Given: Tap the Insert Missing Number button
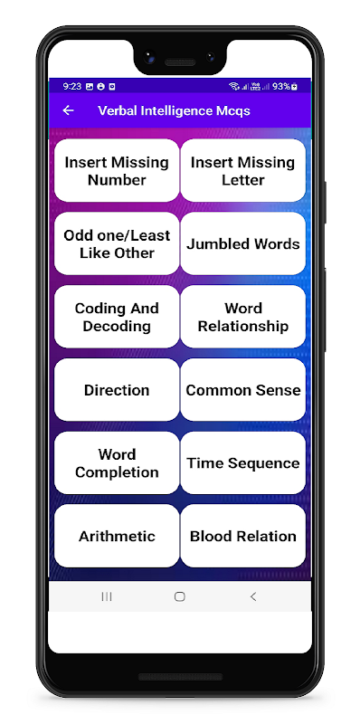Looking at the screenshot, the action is coord(117,170).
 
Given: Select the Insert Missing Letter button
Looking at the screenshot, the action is coord(242,170).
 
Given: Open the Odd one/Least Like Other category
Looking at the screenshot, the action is coord(117,243).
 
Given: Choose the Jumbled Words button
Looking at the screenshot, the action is coord(242,243).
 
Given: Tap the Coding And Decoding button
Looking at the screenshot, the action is coord(117,317).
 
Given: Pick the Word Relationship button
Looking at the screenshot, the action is coord(242,317).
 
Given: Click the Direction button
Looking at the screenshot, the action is coord(117,390).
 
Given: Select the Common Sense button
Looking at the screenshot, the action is coord(242,390).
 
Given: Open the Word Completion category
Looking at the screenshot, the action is coord(117,463).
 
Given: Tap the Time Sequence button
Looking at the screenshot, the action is coord(242,463).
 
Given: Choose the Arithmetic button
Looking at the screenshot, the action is coord(117,536).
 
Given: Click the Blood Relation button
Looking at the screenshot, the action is coord(242,536).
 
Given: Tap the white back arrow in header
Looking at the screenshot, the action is coord(69,110).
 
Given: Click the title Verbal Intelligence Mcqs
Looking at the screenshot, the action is coord(174,110).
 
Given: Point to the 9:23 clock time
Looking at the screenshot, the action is coord(72,86).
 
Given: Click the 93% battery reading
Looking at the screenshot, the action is coord(281,86).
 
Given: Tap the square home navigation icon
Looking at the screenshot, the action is coord(179,596).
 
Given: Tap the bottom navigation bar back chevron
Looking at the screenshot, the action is coord(253,596).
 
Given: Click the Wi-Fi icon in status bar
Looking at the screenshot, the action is coord(234,86).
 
